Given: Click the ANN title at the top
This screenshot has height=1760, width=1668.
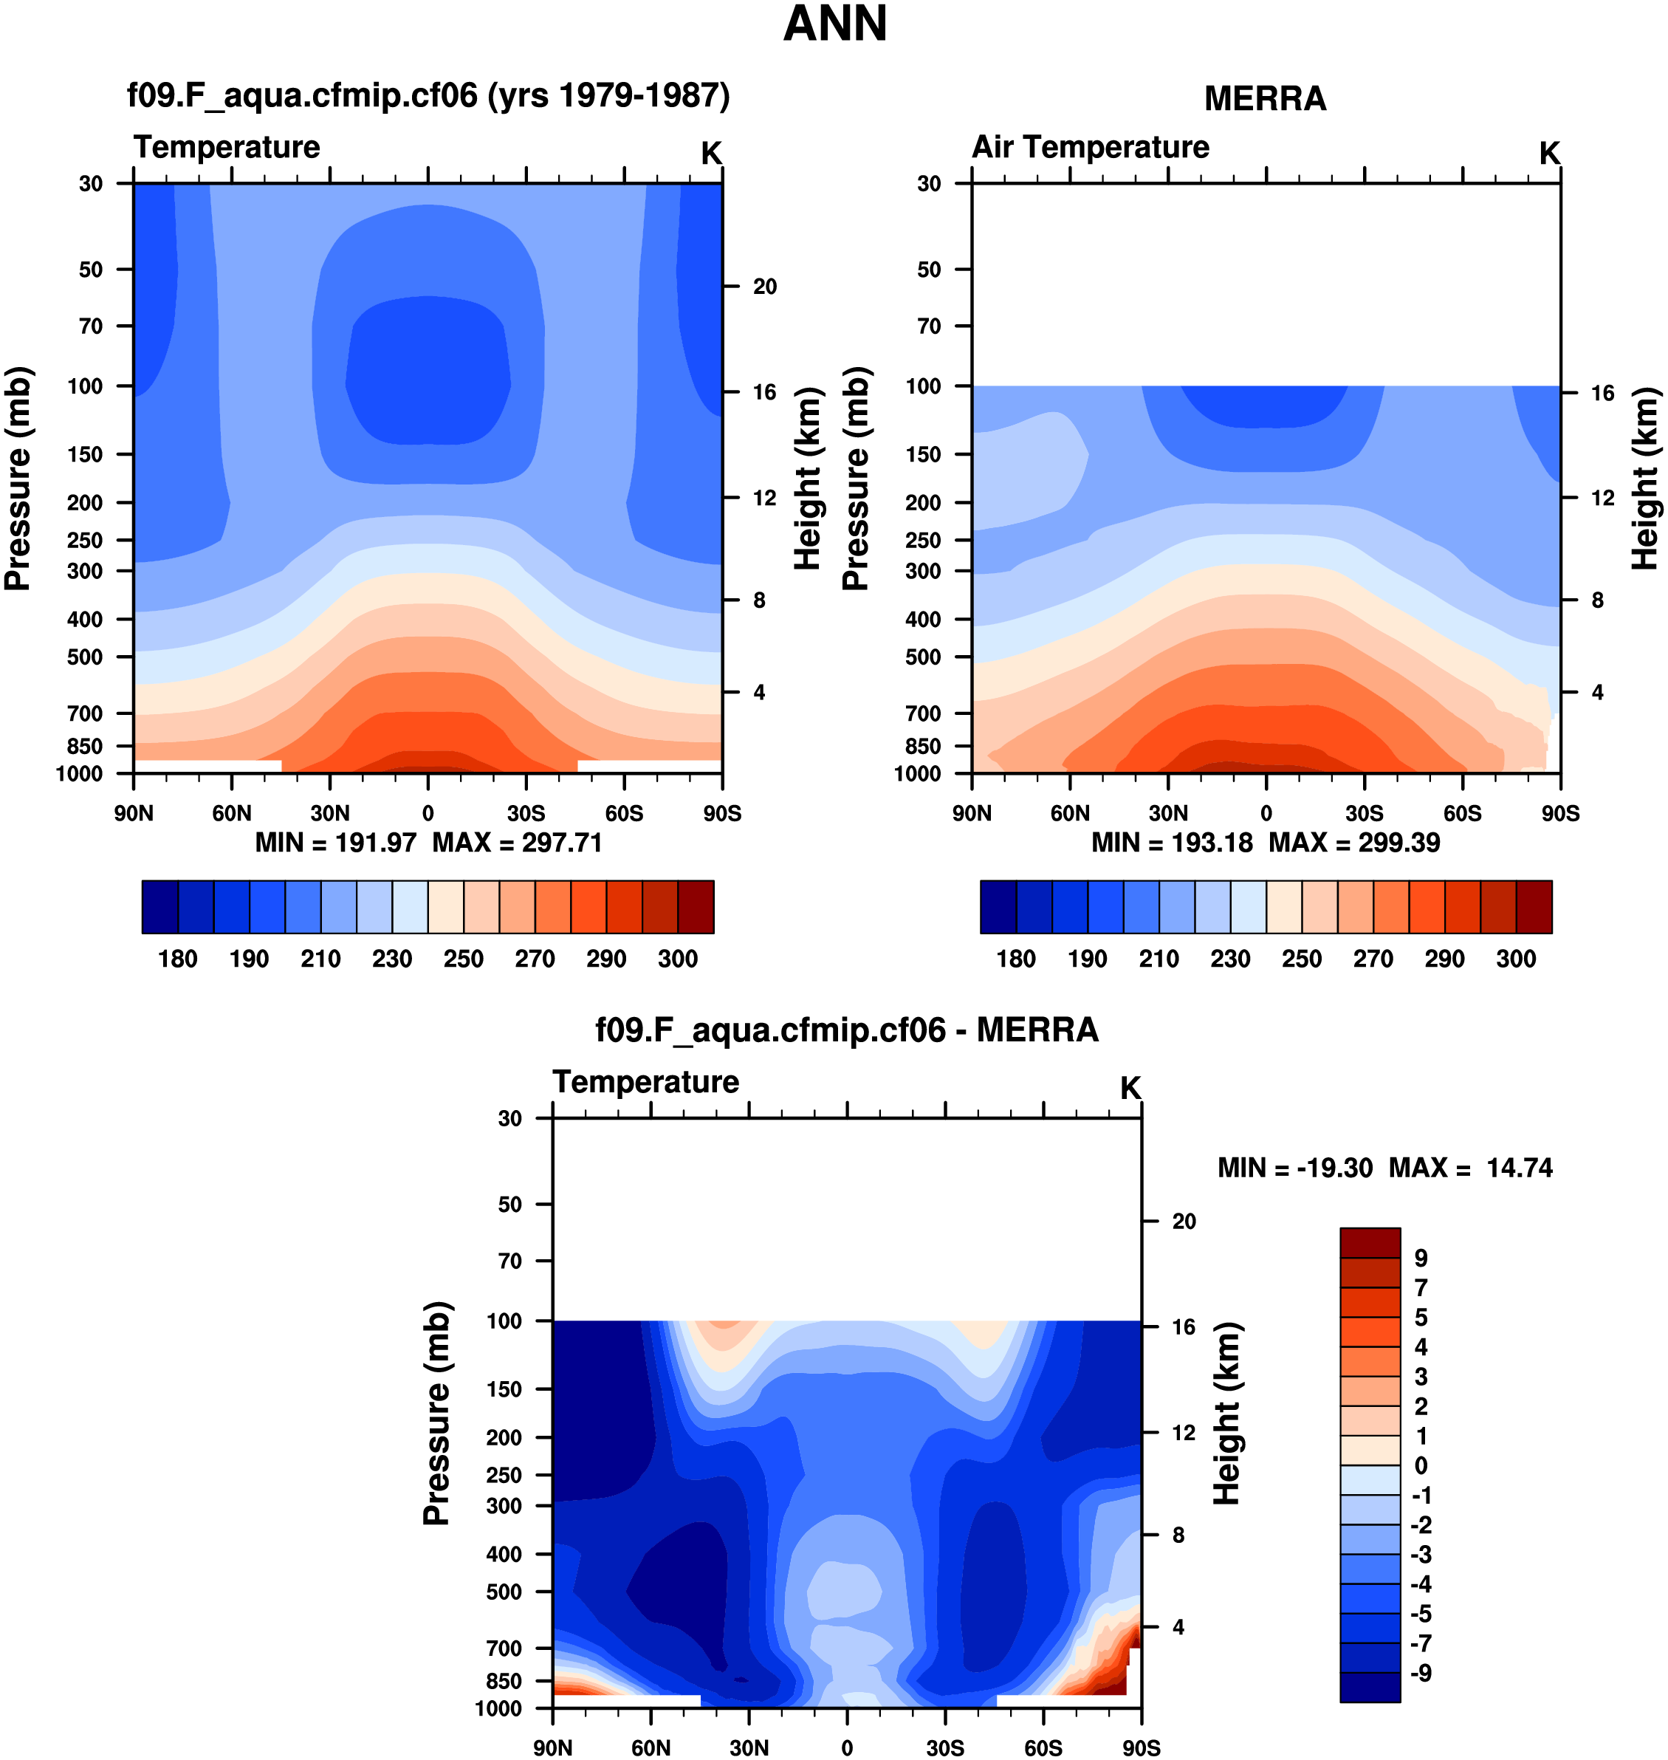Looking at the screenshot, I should [834, 24].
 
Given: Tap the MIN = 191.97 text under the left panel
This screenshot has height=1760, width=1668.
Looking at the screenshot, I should [335, 842].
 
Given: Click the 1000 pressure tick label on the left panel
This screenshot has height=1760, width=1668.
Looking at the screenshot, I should [79, 774].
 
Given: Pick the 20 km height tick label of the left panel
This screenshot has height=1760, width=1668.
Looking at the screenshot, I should [765, 287].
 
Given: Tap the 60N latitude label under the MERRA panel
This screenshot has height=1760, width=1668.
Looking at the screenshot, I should [1070, 814].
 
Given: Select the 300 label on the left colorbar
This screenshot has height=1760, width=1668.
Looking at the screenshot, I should [678, 959].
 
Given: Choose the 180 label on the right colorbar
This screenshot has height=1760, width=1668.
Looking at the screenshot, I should [1015, 959].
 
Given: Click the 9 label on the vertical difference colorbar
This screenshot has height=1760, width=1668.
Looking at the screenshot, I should [1421, 1259].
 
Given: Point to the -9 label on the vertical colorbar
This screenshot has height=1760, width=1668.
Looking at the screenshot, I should [1421, 1673].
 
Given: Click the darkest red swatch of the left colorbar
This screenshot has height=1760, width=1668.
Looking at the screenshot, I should [696, 907].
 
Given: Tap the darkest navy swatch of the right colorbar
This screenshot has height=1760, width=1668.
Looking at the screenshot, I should [998, 907].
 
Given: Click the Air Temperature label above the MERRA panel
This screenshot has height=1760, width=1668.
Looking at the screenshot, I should [1090, 147].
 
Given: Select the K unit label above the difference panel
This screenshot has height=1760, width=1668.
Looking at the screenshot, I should [1130, 1088].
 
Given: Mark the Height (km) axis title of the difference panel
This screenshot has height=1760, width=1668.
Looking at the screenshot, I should [1227, 1414].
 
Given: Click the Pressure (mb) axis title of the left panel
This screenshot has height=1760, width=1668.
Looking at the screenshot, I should [18, 479].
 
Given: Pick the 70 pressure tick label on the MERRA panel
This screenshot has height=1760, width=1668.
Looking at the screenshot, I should [928, 326].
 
